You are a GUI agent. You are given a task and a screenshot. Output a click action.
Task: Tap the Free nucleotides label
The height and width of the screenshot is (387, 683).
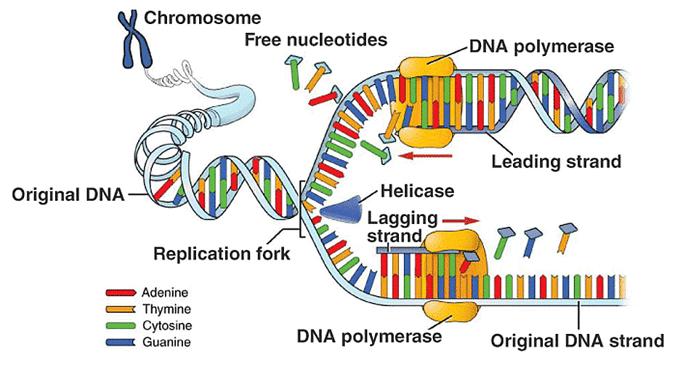pyautogui.click(x=315, y=39)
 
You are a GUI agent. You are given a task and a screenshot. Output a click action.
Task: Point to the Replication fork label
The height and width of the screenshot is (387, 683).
pyautogui.click(x=221, y=254)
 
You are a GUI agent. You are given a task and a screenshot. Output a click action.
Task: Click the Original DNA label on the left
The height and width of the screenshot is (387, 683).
pyautogui.click(x=68, y=194)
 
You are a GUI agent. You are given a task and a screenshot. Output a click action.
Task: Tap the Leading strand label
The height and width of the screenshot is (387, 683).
pyautogui.click(x=556, y=161)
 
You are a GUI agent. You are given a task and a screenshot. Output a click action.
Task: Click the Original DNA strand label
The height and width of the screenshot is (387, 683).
pyautogui.click(x=577, y=340)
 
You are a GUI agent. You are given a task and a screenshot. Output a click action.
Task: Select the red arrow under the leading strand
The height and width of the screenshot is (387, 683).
pyautogui.click(x=429, y=155)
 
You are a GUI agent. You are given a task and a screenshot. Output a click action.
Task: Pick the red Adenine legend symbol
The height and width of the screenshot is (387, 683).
pyautogui.click(x=121, y=292)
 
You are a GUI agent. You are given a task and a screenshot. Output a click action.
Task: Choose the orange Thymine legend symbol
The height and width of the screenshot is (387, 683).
pyautogui.click(x=121, y=309)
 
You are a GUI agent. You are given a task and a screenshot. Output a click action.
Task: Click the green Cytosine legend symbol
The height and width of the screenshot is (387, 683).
pyautogui.click(x=121, y=325)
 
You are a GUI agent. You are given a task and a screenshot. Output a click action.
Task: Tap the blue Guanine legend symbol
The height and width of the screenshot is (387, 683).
pyautogui.click(x=121, y=341)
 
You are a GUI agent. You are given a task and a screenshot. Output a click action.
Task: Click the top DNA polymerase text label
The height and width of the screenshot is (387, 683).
pyautogui.click(x=542, y=47)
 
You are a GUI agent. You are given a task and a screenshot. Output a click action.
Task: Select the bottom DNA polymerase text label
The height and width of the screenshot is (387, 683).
pyautogui.click(x=369, y=337)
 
